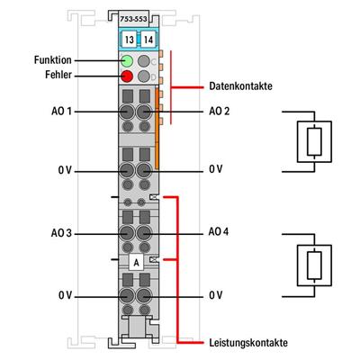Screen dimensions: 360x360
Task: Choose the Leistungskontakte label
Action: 249,343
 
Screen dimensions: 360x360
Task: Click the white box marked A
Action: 135,263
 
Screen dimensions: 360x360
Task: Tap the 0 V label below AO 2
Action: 215,169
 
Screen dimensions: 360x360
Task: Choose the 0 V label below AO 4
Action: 215,294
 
